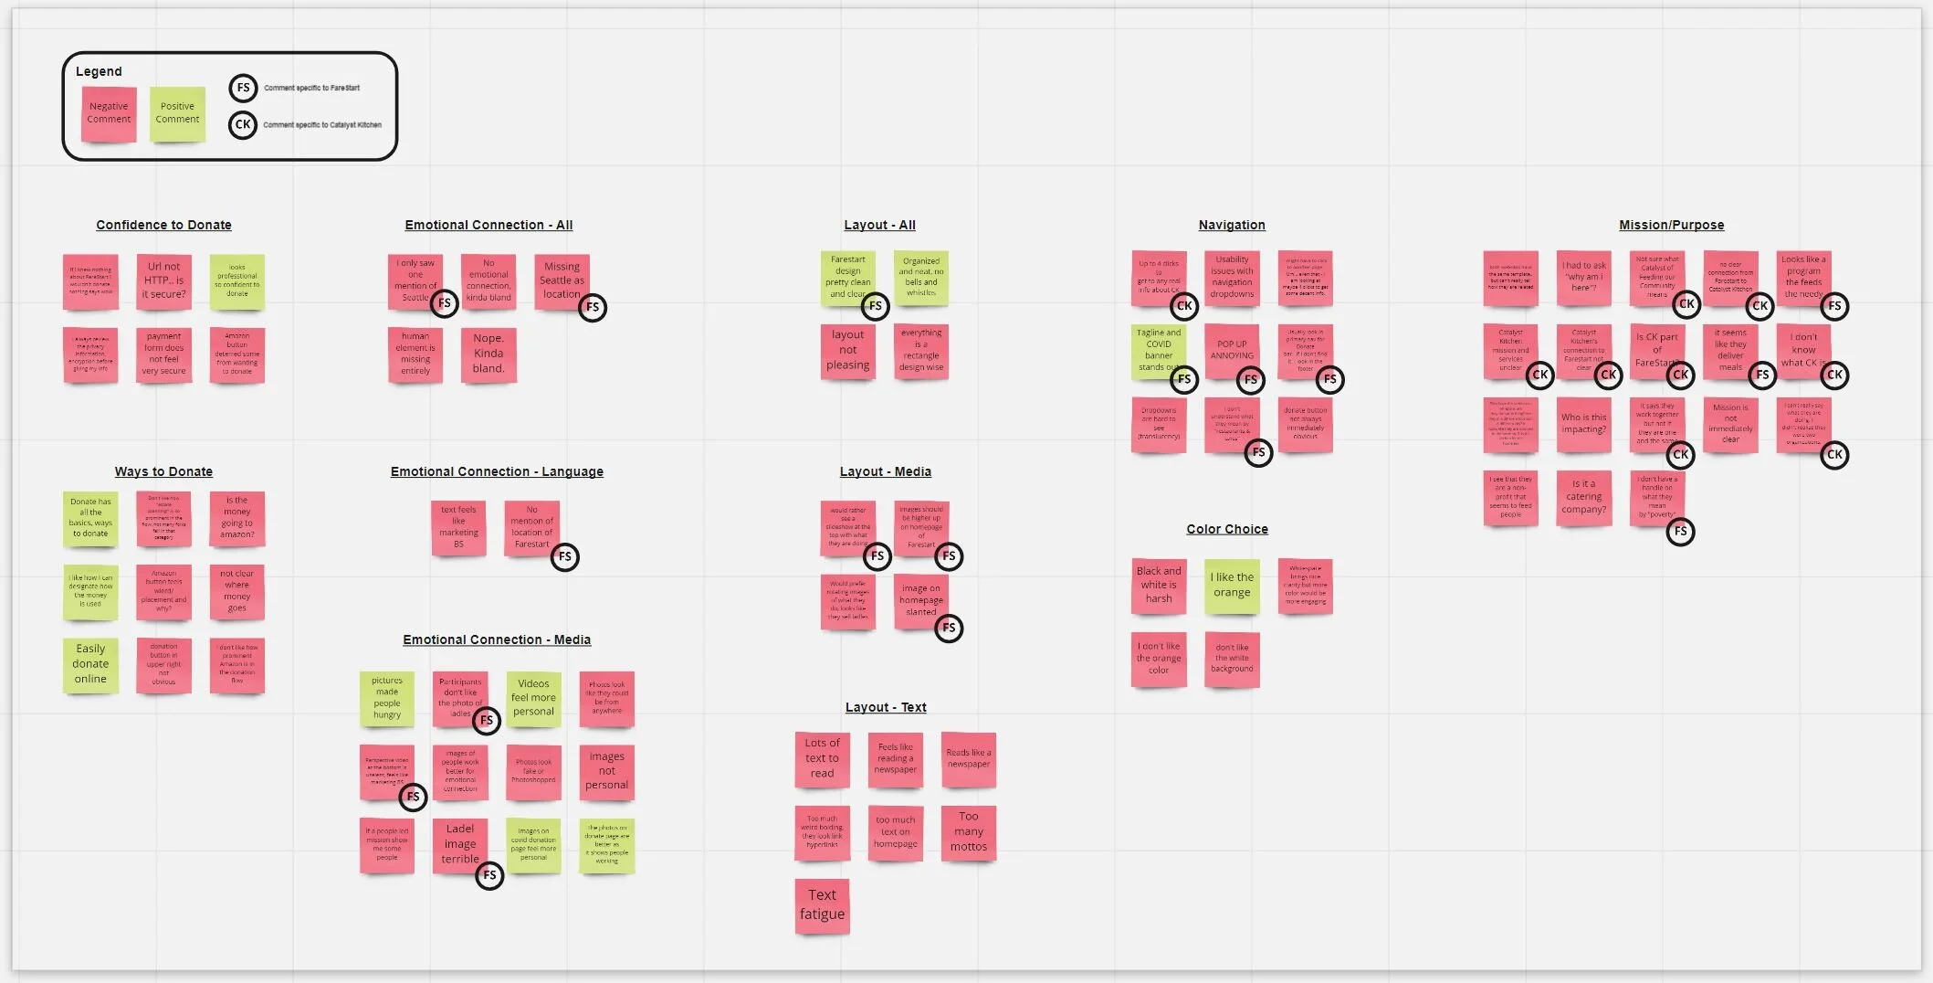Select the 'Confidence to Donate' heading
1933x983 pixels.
pyautogui.click(x=164, y=225)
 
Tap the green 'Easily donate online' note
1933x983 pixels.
pyautogui.click(x=90, y=664)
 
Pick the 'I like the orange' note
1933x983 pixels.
pyautogui.click(x=1232, y=585)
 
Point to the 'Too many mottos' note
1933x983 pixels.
pyautogui.click(x=969, y=831)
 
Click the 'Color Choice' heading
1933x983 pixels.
pyautogui.click(x=1227, y=529)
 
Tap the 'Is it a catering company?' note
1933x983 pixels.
pyautogui.click(x=1583, y=497)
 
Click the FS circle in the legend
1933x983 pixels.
pyautogui.click(x=243, y=88)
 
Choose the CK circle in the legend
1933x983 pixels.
pyautogui.click(x=243, y=124)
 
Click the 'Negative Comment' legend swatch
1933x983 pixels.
pyautogui.click(x=109, y=113)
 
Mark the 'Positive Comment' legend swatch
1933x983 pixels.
pyautogui.click(x=177, y=113)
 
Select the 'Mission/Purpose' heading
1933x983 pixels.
pyautogui.click(x=1671, y=225)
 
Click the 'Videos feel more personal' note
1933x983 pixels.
pyautogui.click(x=533, y=698)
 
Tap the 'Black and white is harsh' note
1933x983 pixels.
pyautogui.click(x=1159, y=585)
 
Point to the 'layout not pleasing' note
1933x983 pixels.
pyautogui.click(x=847, y=351)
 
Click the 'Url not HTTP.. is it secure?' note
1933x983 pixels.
pyautogui.click(x=163, y=280)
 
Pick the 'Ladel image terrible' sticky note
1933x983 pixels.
pyautogui.click(x=459, y=844)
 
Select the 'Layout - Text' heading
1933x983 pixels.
pyautogui.click(x=886, y=707)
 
